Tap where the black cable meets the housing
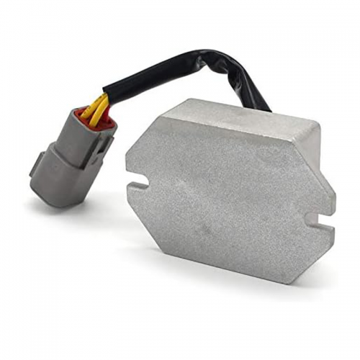point(263,108)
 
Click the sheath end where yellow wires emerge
point(108,94)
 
